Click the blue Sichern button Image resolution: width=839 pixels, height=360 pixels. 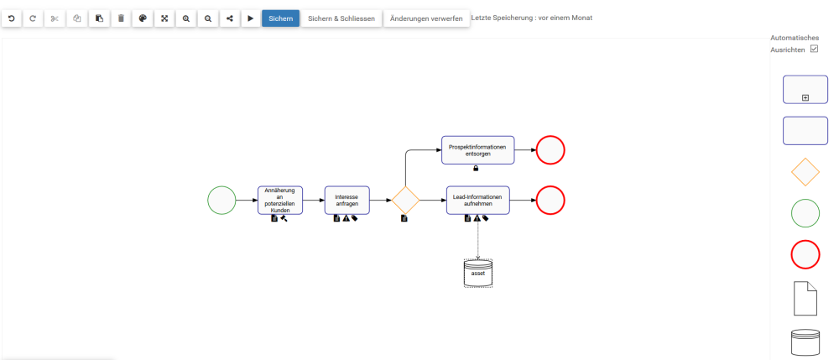(280, 18)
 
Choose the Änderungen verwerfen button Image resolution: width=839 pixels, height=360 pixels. (426, 18)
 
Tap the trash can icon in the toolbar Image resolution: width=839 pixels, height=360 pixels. (121, 18)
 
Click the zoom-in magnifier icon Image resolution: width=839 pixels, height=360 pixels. (186, 18)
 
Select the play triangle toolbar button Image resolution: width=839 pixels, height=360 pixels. (250, 18)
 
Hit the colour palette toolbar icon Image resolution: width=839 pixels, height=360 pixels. (143, 18)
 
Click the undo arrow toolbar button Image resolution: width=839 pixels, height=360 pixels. (12, 18)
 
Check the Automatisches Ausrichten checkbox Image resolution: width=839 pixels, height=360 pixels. (814, 50)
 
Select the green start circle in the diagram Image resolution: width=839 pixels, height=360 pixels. (221, 201)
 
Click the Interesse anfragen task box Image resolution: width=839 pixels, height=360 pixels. (347, 201)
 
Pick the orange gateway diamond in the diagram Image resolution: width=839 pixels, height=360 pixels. (405, 201)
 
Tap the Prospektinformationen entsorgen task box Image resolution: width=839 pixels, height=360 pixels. (477, 150)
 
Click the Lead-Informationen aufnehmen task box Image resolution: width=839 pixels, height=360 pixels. (477, 201)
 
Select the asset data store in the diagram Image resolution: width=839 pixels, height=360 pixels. (478, 274)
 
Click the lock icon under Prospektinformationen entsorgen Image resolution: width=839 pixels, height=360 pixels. (477, 169)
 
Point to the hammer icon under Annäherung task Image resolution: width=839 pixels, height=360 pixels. (284, 219)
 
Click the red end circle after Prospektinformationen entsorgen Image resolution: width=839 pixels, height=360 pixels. (550, 150)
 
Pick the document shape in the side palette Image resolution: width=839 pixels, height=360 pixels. (805, 298)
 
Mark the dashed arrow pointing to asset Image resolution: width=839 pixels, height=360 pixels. (478, 239)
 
